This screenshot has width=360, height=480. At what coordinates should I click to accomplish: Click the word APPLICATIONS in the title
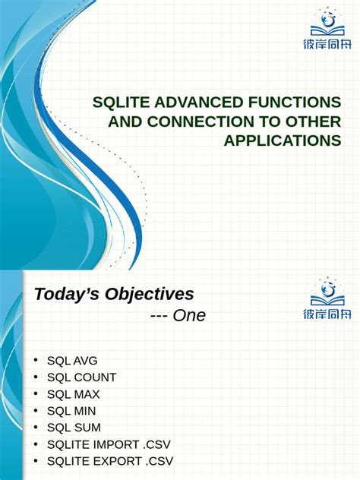282,141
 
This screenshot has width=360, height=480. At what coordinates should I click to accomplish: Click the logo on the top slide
328,30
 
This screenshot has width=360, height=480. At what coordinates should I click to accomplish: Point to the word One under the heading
189,315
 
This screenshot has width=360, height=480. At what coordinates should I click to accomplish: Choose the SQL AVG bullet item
72,361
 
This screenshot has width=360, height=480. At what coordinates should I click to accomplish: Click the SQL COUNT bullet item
81,377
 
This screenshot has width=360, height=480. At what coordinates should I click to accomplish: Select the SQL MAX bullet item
73,394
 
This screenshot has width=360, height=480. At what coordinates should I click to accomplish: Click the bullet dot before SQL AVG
35,361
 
